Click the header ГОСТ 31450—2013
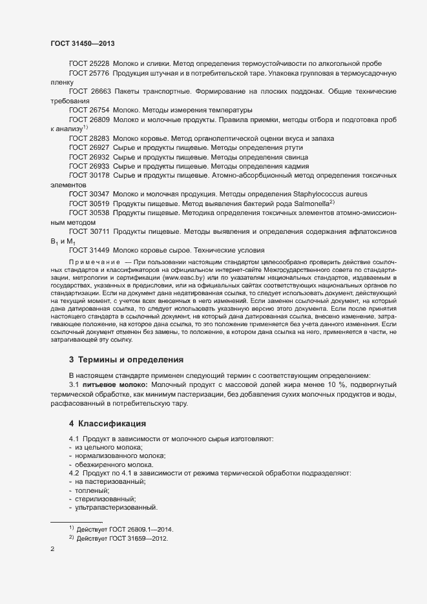click(83, 43)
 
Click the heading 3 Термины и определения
click(127, 359)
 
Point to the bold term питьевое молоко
click(114, 385)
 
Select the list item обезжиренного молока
click(114, 464)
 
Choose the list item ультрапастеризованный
click(116, 507)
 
